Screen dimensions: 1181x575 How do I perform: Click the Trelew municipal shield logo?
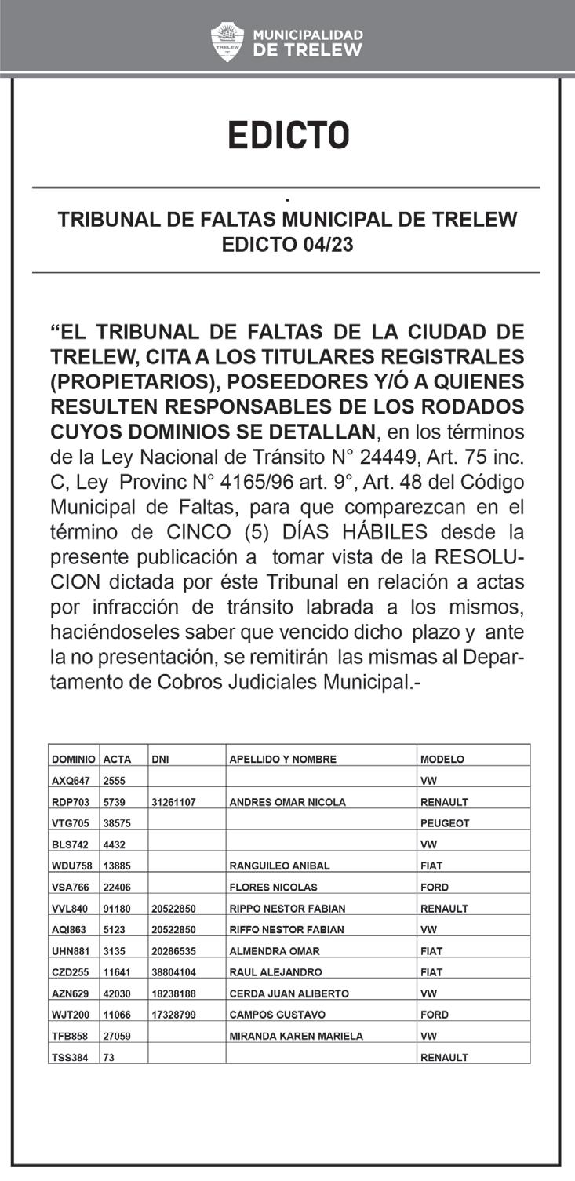pyautogui.click(x=228, y=42)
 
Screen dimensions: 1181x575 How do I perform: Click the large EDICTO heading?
pyautogui.click(x=288, y=135)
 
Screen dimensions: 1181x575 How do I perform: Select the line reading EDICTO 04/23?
pyautogui.click(x=288, y=245)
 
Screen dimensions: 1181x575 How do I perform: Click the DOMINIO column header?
pyautogui.click(x=74, y=759)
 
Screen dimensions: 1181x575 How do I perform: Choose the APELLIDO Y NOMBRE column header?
pyautogui.click(x=282, y=759)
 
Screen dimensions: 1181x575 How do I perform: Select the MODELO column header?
pyautogui.click(x=442, y=759)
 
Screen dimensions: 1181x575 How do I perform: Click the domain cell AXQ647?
pyautogui.click(x=71, y=781)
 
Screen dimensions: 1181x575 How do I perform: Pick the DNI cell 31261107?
pyautogui.click(x=173, y=802)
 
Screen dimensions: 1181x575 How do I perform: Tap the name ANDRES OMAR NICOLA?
pyautogui.click(x=287, y=802)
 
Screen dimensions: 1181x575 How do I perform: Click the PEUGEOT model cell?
pyautogui.click(x=445, y=823)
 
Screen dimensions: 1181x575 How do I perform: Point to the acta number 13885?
pyautogui.click(x=117, y=866)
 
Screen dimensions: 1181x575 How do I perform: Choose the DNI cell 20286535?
pyautogui.click(x=173, y=950)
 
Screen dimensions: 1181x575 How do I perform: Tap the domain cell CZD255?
pyautogui.click(x=71, y=971)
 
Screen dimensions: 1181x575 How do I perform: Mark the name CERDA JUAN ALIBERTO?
pyautogui.click(x=289, y=993)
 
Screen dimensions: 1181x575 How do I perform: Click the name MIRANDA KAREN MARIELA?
pyautogui.click(x=296, y=1036)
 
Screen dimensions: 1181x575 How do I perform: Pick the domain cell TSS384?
pyautogui.click(x=71, y=1057)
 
